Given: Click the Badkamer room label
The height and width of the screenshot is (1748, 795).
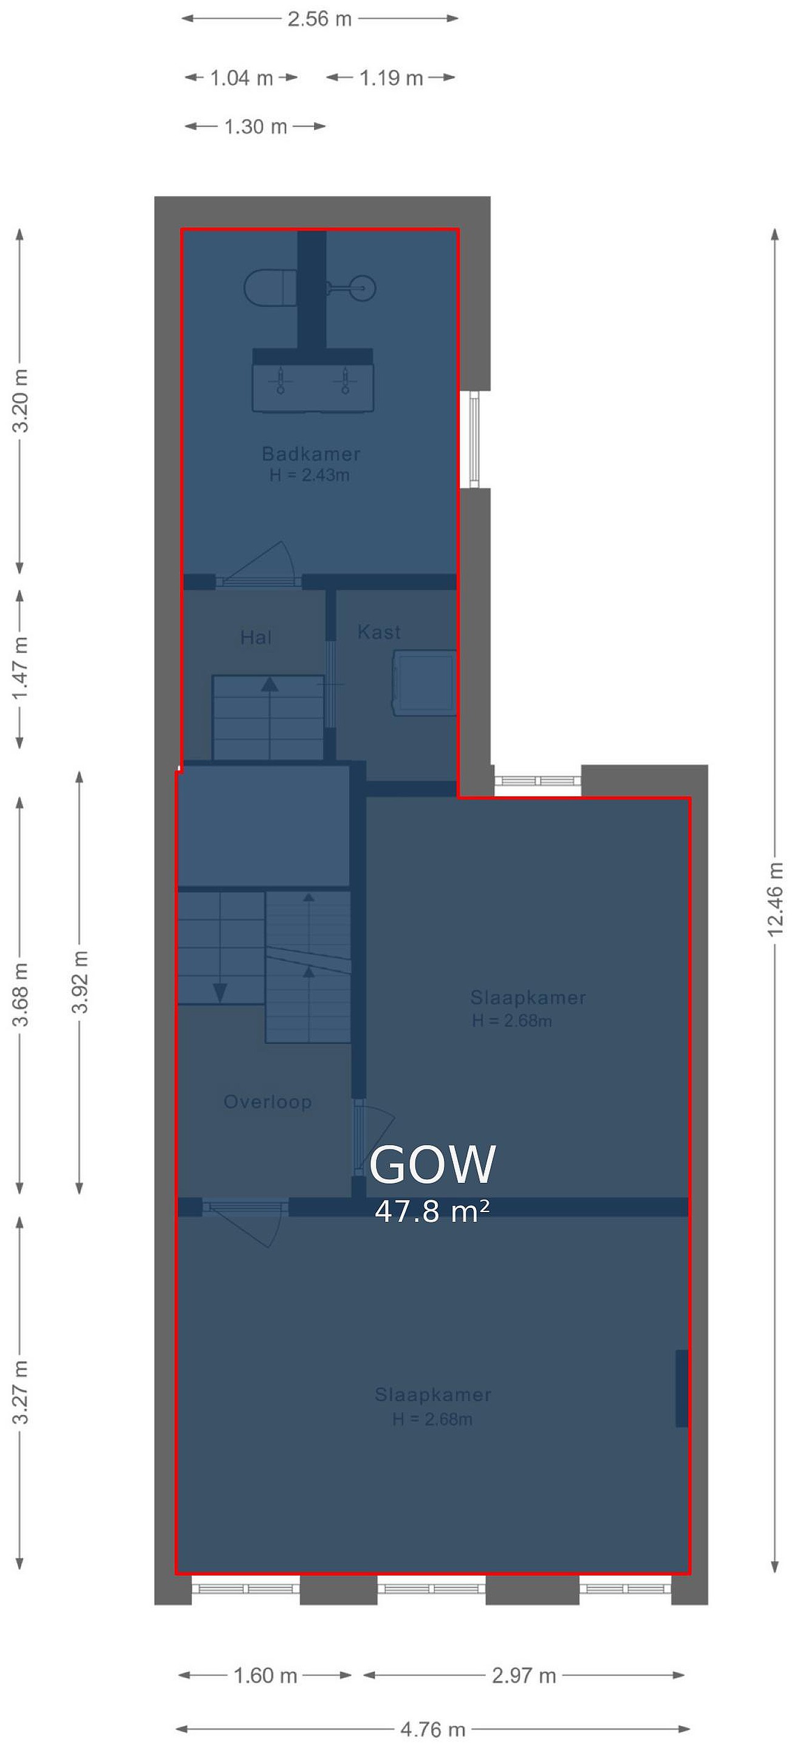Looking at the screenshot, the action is [311, 453].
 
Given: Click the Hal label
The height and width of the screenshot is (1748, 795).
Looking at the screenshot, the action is [256, 637].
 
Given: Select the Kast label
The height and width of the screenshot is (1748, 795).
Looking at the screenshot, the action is [379, 632].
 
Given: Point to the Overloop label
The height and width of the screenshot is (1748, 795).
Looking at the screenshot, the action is [267, 1102].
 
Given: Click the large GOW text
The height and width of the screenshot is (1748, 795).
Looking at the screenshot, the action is [432, 1165].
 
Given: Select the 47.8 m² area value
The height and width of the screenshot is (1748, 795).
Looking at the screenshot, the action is [432, 1211].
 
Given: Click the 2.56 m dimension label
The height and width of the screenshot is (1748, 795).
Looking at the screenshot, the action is [320, 19].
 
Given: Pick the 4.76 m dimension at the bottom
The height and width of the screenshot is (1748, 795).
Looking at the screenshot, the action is [433, 1729].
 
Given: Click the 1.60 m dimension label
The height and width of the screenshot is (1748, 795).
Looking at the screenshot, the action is [265, 1675].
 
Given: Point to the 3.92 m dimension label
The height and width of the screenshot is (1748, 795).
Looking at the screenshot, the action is [80, 982].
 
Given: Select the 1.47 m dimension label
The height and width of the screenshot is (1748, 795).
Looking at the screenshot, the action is [21, 668].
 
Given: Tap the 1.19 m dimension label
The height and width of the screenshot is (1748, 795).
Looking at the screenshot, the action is [391, 78].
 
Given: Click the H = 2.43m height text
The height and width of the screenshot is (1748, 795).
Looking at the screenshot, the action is [310, 475].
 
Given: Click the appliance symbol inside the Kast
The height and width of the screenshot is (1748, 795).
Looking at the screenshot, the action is [425, 683].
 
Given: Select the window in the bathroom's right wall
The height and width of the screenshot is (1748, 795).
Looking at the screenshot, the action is [474, 439].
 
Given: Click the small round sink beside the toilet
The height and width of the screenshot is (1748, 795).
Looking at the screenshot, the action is [363, 288].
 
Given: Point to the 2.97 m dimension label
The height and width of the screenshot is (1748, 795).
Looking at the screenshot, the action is [524, 1675].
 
